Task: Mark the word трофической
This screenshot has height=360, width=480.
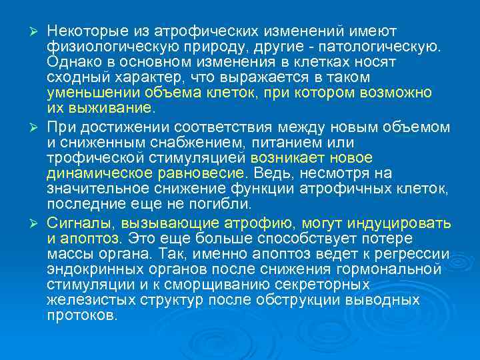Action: point(87,157)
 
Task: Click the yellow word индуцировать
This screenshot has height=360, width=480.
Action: point(404,223)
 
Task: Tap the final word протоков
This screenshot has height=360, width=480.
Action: point(82,315)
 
